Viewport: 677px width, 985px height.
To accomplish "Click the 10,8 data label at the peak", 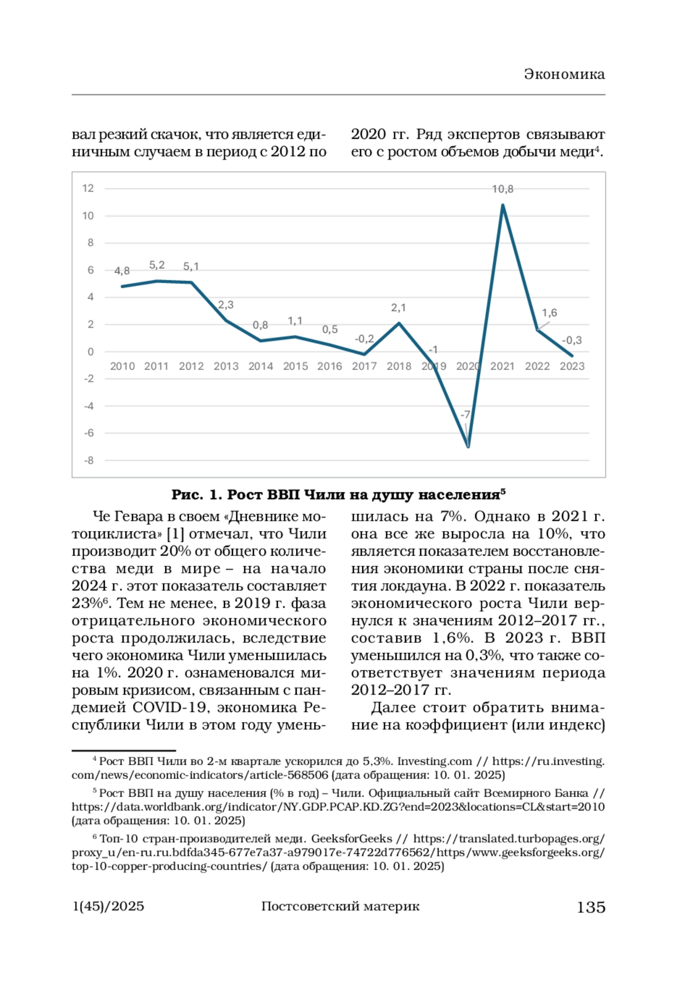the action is pos(503,189).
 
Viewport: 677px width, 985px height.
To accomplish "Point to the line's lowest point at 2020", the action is pos(468,447).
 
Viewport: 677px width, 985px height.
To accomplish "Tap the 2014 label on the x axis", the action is pos(261,366).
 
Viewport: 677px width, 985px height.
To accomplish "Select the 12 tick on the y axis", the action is pos(88,188).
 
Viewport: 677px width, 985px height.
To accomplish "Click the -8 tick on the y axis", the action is pos(89,461).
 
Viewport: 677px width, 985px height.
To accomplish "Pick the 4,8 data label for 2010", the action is pos(122,271).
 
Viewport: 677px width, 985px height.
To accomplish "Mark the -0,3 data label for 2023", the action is pos(572,341).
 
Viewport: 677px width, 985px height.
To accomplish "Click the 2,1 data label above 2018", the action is pos(398,308).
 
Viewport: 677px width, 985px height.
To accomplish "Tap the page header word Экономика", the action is pos(564,74).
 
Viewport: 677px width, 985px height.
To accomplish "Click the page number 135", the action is pos(591,907).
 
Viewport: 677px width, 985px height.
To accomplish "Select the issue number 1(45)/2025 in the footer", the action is pos(108,907).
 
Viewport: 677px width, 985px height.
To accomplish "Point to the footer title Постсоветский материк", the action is pos(340,907).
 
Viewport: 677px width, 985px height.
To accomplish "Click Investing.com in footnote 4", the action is pos(434,762).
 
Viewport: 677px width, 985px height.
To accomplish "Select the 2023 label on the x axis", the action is pos(572,366).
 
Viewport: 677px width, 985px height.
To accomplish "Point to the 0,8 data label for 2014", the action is pos(260,325).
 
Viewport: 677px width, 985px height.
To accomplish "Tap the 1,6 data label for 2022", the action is pos(549,313).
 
